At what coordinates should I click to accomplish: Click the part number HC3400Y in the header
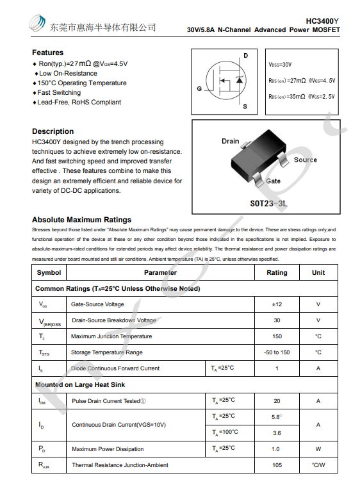click(323, 21)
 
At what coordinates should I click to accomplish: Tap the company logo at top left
click(37, 24)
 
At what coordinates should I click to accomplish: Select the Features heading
click(47, 53)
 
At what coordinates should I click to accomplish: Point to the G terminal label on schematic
click(199, 88)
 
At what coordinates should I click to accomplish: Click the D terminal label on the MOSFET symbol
click(245, 56)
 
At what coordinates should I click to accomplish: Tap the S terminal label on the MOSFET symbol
click(245, 106)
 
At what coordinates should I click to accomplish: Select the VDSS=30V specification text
click(281, 65)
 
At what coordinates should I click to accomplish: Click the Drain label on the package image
click(230, 141)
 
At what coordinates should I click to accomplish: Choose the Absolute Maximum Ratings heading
click(81, 220)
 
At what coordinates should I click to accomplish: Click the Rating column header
click(277, 272)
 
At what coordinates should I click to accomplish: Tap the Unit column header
click(318, 272)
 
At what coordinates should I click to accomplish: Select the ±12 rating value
click(277, 304)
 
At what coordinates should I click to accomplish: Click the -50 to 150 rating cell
click(277, 352)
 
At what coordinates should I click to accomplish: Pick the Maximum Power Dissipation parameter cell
click(108, 449)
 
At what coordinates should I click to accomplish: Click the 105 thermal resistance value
click(277, 465)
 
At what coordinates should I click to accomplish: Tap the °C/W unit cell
click(318, 465)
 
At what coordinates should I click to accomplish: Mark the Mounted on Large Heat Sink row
click(80, 384)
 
